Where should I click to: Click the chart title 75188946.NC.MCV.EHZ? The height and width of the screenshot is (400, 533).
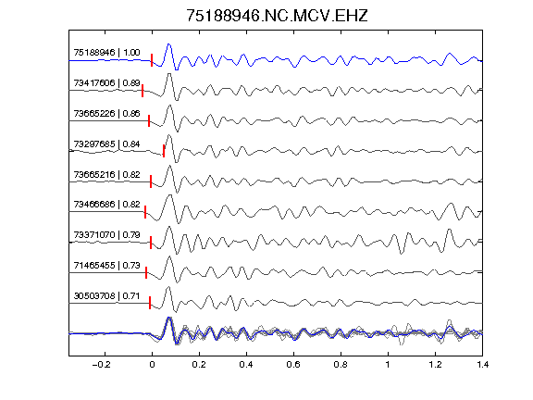(x=277, y=16)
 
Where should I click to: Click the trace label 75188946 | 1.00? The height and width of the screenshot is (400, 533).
(x=106, y=53)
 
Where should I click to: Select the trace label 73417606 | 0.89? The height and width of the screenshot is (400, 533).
(x=106, y=83)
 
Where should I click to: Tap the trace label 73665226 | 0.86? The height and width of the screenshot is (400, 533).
(x=106, y=113)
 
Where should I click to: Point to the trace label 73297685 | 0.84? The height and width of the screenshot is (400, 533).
(x=106, y=144)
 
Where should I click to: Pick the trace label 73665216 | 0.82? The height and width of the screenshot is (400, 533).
(x=106, y=174)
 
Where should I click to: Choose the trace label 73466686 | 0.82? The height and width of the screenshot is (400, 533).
(x=106, y=204)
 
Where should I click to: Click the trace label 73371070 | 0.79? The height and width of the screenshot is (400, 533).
(x=106, y=234)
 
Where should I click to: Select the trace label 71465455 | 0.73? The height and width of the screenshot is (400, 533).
(x=106, y=265)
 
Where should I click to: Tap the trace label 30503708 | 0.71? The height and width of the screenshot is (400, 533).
(x=106, y=296)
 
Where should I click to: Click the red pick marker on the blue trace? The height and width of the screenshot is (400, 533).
(x=152, y=60)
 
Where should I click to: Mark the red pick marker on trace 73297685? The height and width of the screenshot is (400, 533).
(x=164, y=151)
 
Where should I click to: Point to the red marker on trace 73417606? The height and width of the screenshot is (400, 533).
(x=143, y=91)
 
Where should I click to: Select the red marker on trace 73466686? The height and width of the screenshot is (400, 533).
(x=145, y=211)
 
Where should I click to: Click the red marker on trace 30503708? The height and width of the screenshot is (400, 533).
(x=150, y=303)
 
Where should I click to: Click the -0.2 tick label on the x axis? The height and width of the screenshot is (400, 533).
(x=102, y=365)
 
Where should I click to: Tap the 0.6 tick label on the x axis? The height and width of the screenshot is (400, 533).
(x=293, y=365)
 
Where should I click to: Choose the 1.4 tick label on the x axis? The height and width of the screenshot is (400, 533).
(x=482, y=365)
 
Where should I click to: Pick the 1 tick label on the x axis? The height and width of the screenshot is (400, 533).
(x=388, y=365)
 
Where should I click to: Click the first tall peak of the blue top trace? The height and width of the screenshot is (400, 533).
(x=168, y=44)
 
